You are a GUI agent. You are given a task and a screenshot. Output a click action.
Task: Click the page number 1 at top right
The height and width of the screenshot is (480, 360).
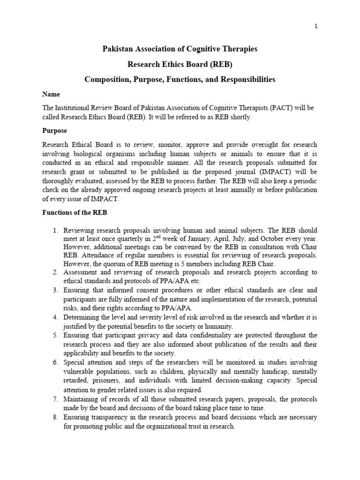(x=316, y=26)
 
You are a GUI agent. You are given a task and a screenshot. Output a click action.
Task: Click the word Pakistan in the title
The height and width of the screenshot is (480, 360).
(x=118, y=49)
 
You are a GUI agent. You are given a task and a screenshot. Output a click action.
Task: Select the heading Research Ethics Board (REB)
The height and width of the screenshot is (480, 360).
(x=180, y=64)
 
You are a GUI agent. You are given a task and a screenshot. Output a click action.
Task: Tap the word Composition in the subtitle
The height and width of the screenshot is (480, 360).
(x=106, y=80)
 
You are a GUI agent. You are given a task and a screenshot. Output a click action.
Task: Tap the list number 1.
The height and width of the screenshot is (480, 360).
(x=54, y=231)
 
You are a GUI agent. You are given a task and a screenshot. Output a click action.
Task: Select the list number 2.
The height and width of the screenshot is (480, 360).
(x=54, y=272)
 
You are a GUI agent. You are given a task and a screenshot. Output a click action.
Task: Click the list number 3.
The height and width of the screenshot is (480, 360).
(x=54, y=290)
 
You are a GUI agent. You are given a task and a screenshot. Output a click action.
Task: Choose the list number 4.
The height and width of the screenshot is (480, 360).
(x=54, y=318)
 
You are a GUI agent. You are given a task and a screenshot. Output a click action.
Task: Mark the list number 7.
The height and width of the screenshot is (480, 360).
(x=54, y=399)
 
